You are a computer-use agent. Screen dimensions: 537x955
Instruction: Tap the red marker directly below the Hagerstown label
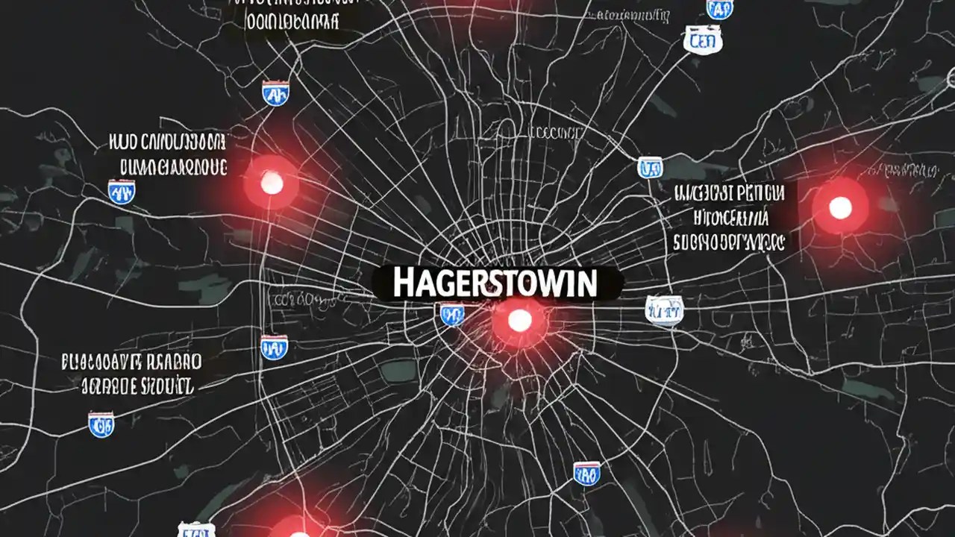[519, 321]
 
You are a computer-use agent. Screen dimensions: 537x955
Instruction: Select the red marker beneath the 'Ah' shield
[272, 183]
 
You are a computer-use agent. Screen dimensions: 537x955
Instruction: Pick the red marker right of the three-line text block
[840, 207]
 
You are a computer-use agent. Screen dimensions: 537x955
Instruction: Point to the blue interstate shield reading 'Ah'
[275, 93]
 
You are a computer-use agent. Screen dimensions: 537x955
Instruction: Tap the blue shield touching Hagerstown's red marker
[451, 314]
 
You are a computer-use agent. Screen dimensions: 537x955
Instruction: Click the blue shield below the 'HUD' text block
[121, 192]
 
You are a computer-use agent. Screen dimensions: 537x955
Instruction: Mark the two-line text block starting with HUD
[166, 155]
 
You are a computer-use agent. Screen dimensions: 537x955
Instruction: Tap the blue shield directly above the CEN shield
[718, 7]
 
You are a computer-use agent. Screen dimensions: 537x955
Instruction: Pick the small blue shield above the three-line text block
[650, 167]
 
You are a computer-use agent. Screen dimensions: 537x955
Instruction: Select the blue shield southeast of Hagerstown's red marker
[586, 473]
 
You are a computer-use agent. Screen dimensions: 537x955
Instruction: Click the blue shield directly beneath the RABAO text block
[101, 424]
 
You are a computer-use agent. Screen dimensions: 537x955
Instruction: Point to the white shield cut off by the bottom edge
[196, 530]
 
